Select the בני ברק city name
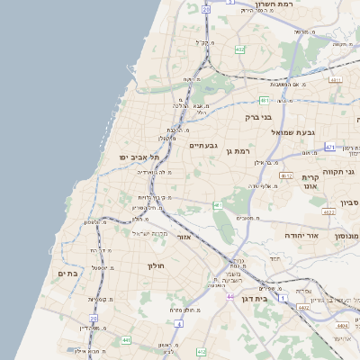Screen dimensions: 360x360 point(258,117)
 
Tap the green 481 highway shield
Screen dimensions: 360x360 point(264,100)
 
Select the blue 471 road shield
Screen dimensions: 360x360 point(330,147)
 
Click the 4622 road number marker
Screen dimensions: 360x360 point(328,212)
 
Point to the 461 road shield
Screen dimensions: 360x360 point(218,206)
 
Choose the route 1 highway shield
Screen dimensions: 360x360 point(283,297)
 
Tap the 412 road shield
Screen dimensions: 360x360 point(201,352)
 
